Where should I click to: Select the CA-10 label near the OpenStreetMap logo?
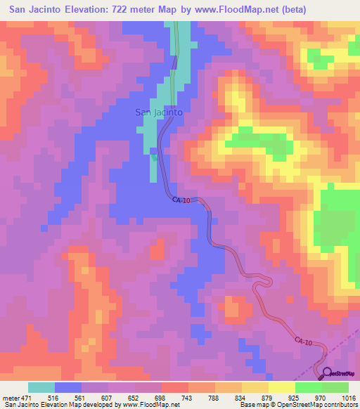click(304, 341)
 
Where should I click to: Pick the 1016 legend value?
click(349, 397)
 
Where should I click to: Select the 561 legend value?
click(83, 397)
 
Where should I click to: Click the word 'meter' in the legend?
click(11, 397)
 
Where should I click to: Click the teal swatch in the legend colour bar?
click(41, 387)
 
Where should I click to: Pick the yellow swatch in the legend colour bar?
click(282, 387)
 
